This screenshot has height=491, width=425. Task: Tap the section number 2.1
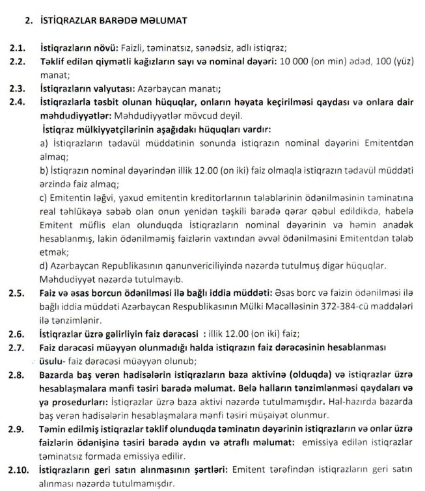tap(17, 47)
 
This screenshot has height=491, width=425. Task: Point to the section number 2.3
tap(17, 88)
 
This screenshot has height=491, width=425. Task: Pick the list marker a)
tap(45, 143)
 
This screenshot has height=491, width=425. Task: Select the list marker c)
tap(45, 198)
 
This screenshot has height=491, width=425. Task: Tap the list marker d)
tap(45, 266)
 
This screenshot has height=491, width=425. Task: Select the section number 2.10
tap(19, 471)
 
